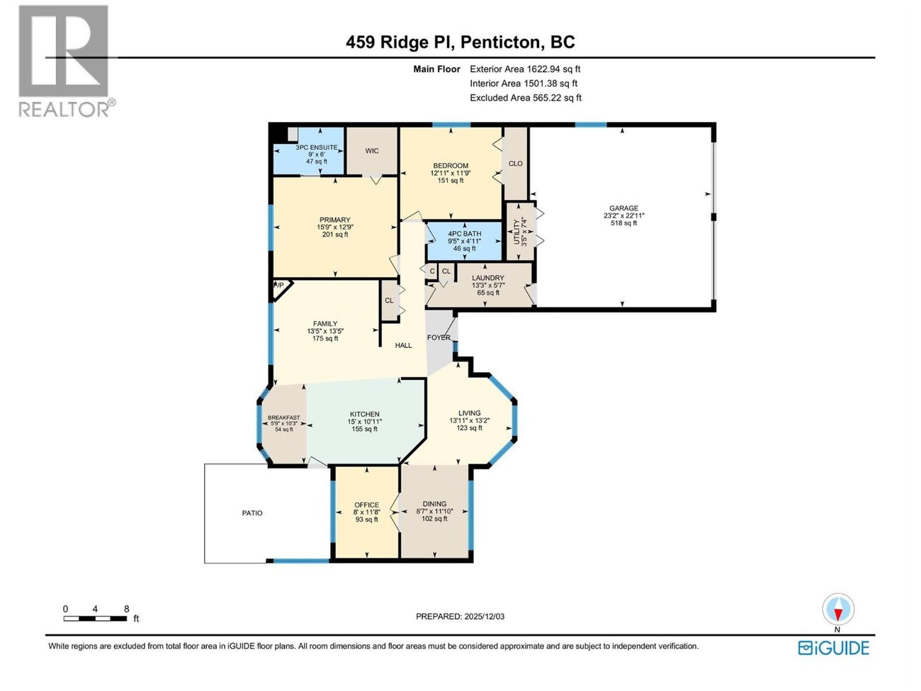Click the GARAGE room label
click(623, 208)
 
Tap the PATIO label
click(252, 513)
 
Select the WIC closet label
click(372, 151)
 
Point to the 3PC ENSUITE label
click(317, 147)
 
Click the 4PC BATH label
click(464, 234)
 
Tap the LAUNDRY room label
click(487, 278)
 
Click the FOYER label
click(439, 337)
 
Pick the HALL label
click(403, 346)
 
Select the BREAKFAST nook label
click(283, 418)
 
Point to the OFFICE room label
click(366, 505)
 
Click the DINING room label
click(434, 504)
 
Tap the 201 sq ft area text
click(335, 235)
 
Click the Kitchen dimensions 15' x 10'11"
click(364, 422)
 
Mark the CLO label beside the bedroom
click(516, 164)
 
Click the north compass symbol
click(837, 610)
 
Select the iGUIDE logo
click(833, 648)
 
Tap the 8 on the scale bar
click(126, 609)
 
